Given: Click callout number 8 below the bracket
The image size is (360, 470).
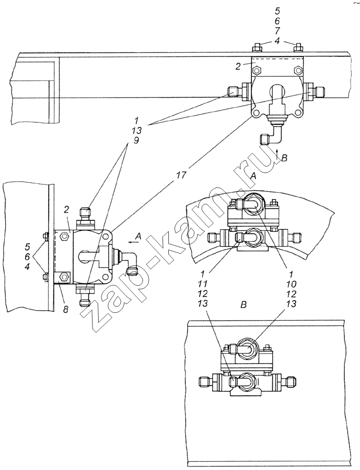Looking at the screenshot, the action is click(66, 309).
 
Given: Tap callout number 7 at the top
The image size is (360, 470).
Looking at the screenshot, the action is click(277, 31).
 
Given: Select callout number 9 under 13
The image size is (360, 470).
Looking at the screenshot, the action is click(136, 140).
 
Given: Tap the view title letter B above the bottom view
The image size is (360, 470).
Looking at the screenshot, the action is click(243, 305).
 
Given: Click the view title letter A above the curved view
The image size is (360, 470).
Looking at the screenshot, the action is click(253, 177).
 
